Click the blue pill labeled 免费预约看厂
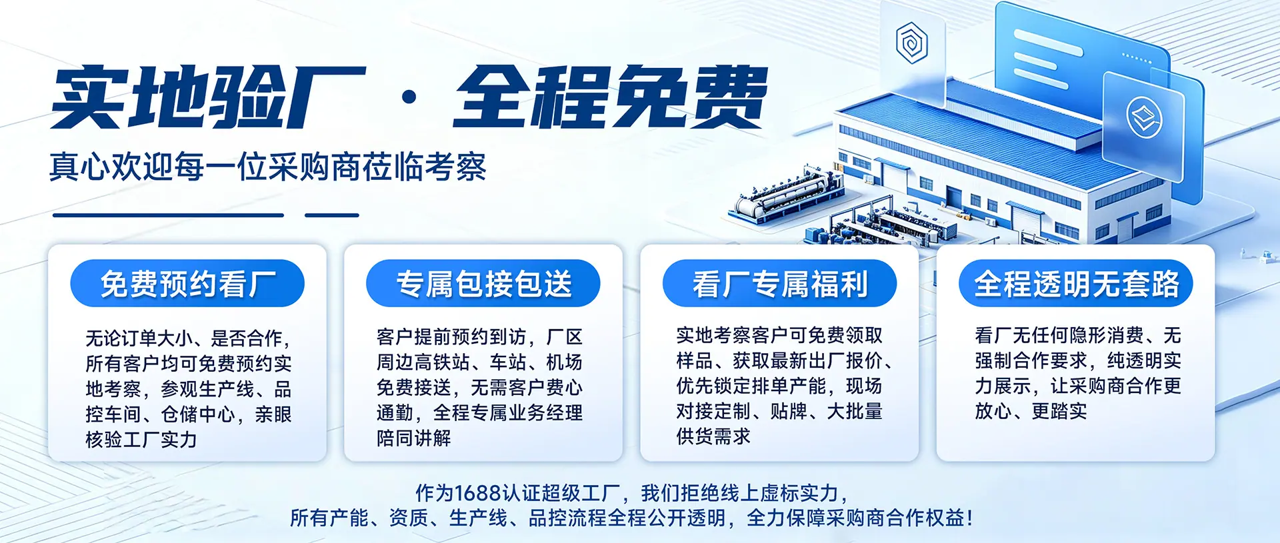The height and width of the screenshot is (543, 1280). pos(187,283)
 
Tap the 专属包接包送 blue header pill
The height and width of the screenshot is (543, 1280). pos(483,283)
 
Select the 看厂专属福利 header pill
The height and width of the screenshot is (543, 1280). pos(779,283)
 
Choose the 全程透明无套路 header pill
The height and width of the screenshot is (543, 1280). pos(1075,283)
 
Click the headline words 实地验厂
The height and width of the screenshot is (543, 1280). pos(209,97)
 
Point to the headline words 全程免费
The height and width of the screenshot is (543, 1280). pos(611,97)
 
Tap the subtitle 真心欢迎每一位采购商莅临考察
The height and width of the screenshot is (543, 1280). pos(268,167)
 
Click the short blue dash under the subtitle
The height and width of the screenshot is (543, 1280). pos(332,215)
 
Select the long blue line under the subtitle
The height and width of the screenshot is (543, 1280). pos(168,215)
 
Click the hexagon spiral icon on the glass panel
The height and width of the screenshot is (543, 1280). pos(911,43)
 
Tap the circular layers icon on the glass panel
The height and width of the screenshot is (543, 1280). pos(1144,117)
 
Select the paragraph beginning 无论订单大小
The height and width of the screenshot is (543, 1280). pos(189,388)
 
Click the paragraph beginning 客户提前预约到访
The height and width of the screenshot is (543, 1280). pos(479,387)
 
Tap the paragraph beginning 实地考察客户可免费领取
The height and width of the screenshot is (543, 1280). pos(785,386)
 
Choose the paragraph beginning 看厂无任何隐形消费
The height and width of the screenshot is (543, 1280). pos(1078,373)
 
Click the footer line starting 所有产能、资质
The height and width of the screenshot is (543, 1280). pos(631,518)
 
